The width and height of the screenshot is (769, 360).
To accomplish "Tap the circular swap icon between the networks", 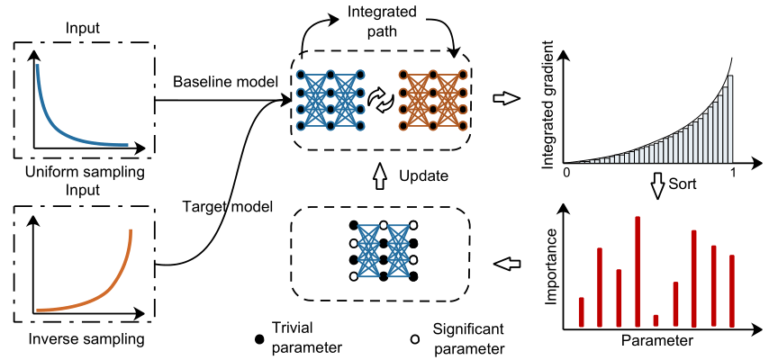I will (x=383, y=100).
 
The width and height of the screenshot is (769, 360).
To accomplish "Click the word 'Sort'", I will (x=683, y=184).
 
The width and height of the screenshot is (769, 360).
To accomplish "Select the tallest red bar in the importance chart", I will (x=638, y=271).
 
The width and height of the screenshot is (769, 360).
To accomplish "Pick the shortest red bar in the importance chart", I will (x=656, y=319).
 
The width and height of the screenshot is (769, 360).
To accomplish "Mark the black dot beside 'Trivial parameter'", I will (x=260, y=338).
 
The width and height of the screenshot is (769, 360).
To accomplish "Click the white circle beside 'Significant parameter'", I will (x=415, y=338).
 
